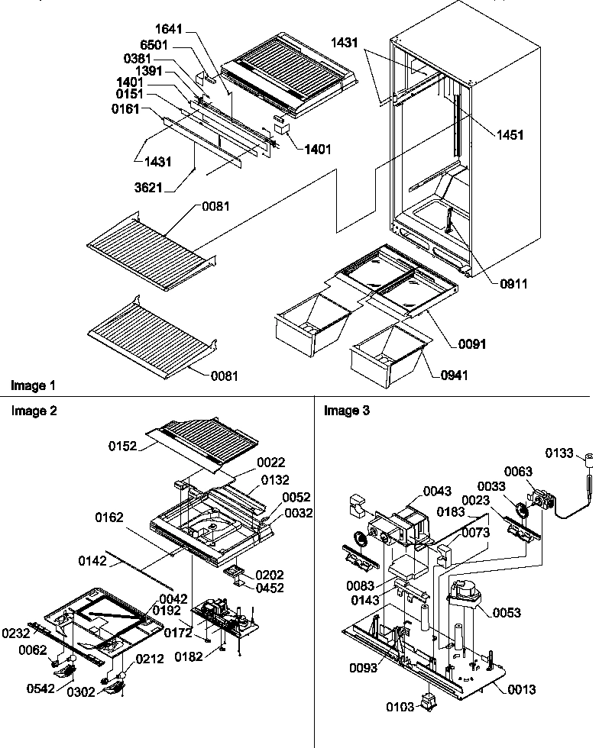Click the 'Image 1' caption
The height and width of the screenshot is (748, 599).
[32, 385]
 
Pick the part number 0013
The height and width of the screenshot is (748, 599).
[521, 689]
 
